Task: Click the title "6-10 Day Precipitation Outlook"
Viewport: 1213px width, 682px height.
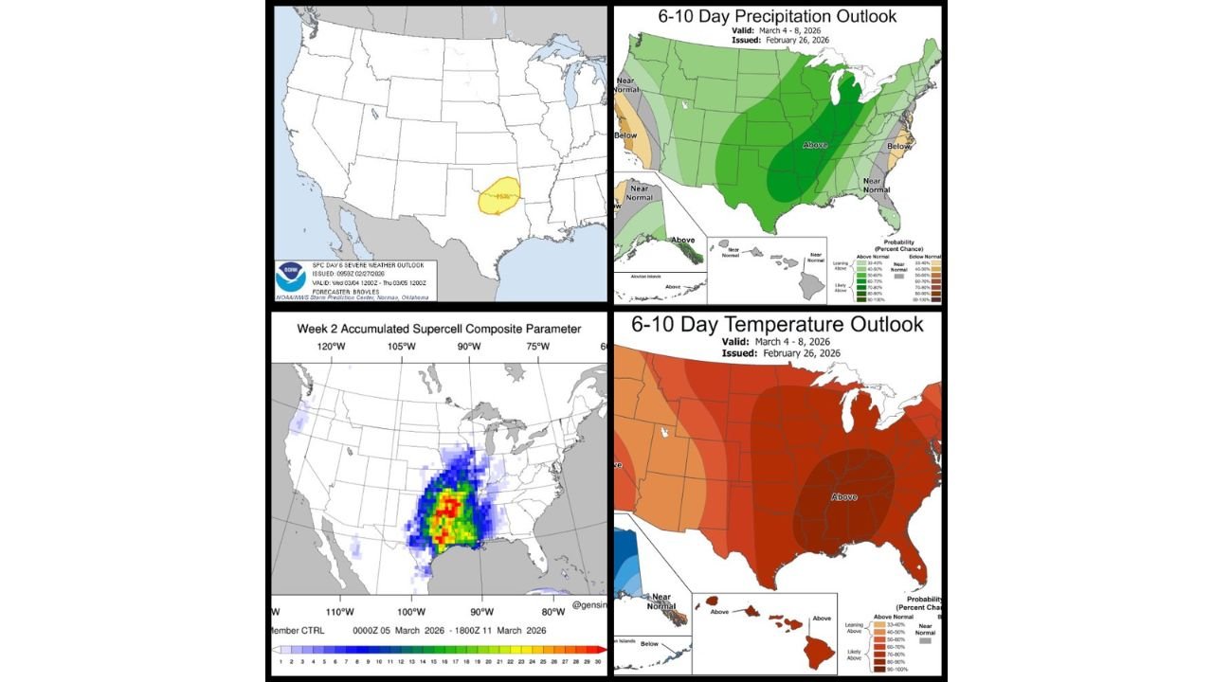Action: click(777, 16)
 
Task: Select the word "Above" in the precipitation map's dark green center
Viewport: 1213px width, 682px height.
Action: click(815, 145)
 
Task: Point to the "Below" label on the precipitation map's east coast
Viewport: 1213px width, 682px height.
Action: click(899, 147)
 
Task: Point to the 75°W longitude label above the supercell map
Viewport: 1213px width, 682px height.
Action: click(537, 347)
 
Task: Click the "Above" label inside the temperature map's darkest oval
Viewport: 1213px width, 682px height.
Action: click(843, 496)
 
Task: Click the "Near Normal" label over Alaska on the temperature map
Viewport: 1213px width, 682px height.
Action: click(661, 602)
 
